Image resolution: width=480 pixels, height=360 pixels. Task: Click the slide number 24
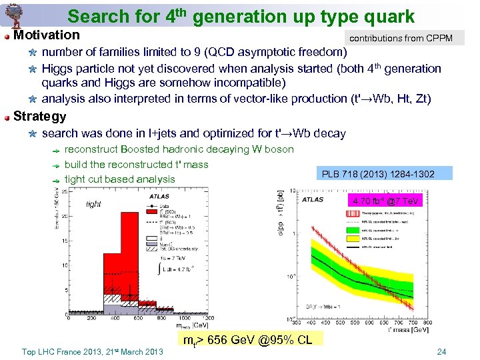coord(441,352)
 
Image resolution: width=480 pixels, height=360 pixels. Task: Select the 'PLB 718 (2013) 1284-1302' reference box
coord(378,174)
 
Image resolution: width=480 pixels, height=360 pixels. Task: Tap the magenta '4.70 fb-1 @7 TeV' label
coord(385,201)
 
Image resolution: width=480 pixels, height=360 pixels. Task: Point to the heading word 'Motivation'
coord(46,35)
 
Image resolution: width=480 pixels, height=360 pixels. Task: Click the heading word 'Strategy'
coord(39,116)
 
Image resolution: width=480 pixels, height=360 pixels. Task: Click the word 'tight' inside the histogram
coord(93,205)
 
